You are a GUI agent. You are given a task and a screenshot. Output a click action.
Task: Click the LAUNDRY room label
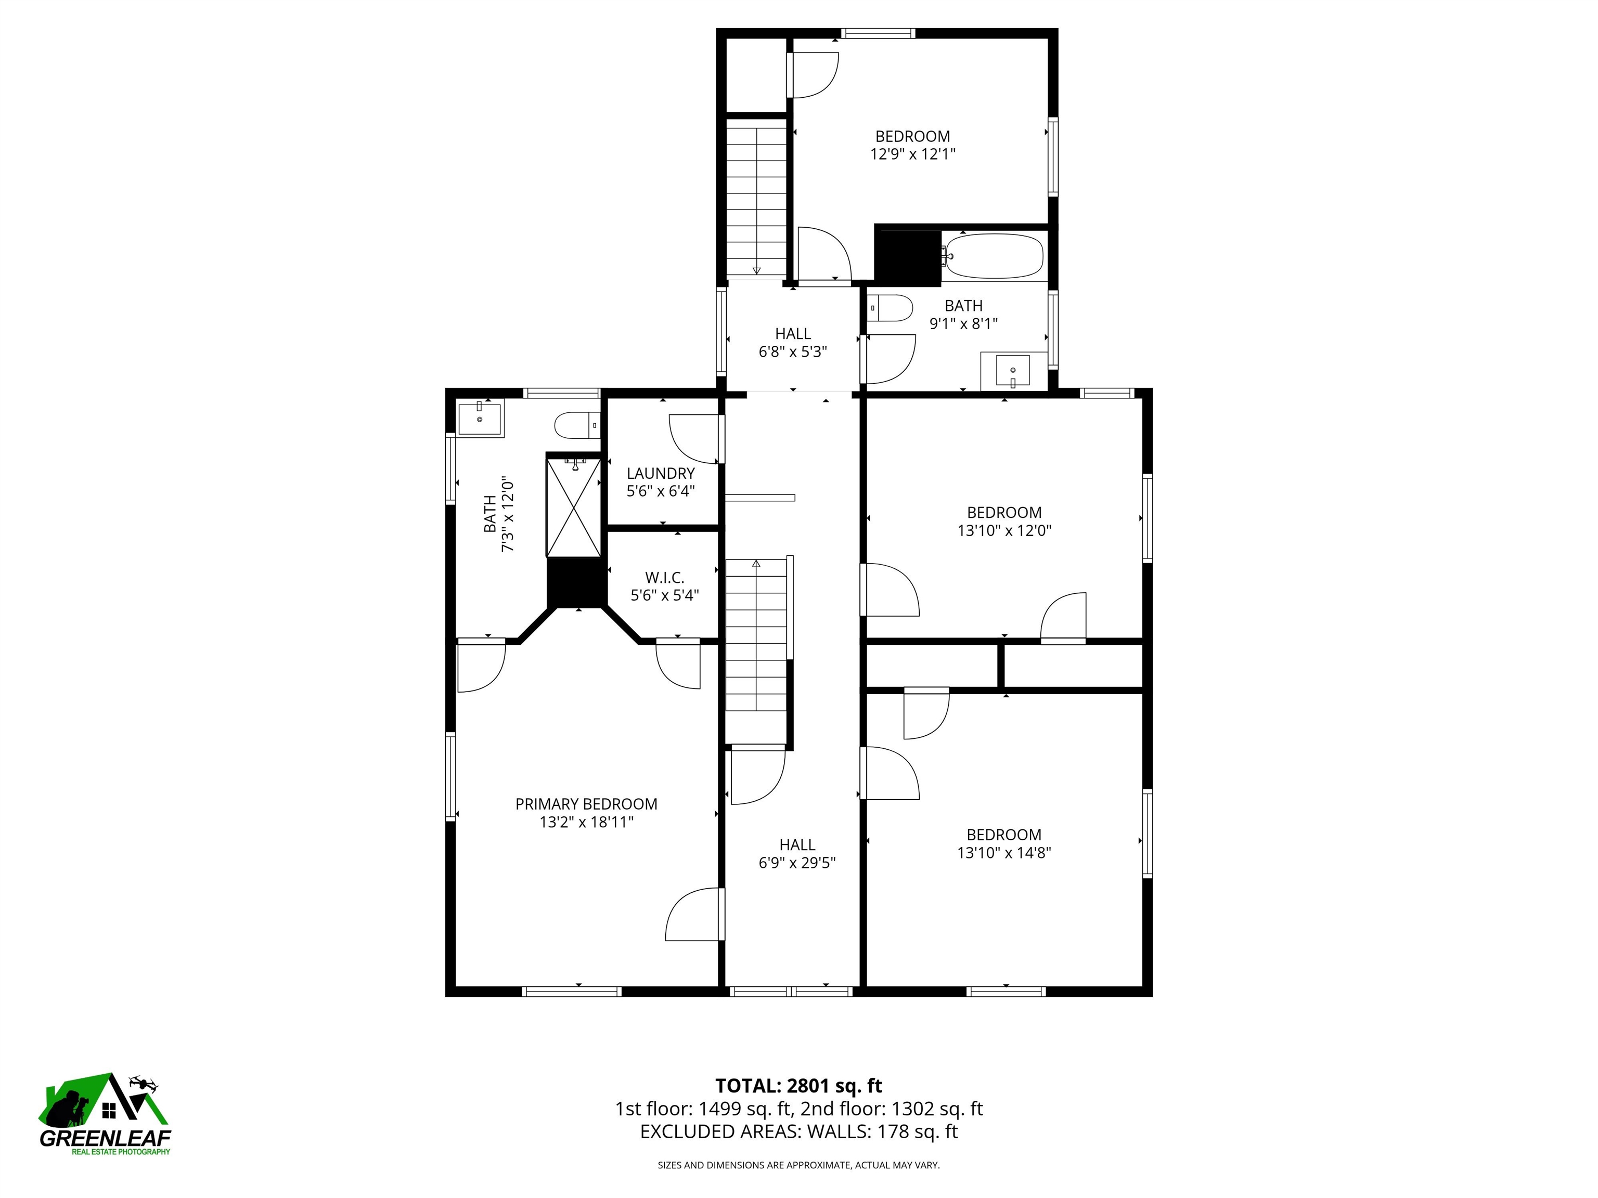tap(660, 474)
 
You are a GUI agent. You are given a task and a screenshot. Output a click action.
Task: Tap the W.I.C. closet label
tap(664, 578)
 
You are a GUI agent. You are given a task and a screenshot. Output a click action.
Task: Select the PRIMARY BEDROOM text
tap(586, 804)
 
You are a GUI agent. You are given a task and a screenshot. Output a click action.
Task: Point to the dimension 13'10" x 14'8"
tap(1003, 853)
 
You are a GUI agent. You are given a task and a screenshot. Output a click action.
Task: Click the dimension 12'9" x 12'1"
tap(912, 154)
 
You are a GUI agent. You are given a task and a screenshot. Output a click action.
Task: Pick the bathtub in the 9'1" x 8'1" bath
tap(994, 256)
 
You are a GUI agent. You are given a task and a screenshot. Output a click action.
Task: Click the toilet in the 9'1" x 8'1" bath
tap(890, 308)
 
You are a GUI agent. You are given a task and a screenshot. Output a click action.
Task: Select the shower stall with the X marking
tap(573, 507)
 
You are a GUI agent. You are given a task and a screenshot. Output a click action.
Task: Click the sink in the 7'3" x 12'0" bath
tap(480, 418)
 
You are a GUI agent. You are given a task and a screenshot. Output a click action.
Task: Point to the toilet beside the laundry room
tap(576, 425)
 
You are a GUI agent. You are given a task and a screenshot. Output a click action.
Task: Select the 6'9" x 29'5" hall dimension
tap(797, 863)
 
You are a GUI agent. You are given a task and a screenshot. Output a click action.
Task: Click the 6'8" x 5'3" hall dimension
tap(793, 353)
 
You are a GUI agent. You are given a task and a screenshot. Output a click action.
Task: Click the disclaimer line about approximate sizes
tap(798, 1165)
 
